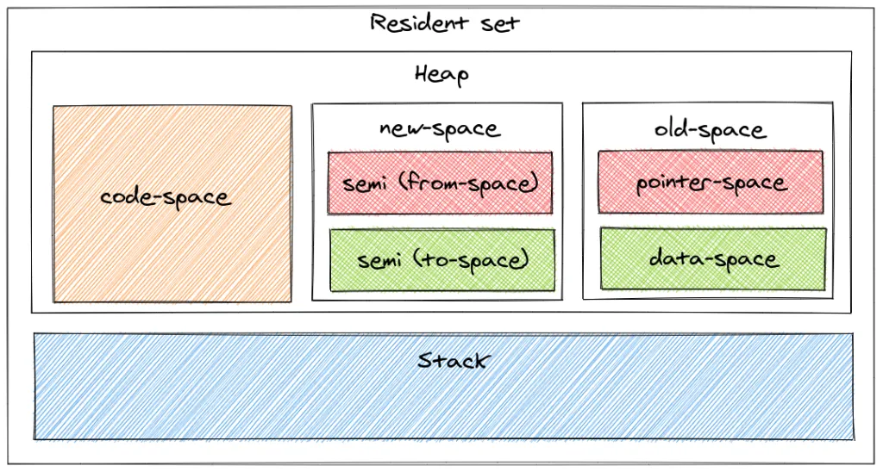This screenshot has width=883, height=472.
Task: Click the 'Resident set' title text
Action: (444, 22)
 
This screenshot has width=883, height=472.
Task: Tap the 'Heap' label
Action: (441, 75)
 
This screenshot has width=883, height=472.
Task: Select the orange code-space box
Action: (172, 250)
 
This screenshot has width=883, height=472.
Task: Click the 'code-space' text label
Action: (166, 197)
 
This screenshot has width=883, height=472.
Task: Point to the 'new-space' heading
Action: (439, 129)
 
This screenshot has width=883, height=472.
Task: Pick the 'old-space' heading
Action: (710, 130)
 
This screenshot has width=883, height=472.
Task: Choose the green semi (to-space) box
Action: (441, 260)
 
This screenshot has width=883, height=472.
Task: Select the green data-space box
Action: (713, 258)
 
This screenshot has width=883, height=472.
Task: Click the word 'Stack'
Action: (452, 360)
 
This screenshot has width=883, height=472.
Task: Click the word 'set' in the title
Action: (501, 22)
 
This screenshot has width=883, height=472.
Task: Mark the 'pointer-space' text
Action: (711, 183)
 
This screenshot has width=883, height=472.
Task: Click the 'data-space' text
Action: (713, 258)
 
